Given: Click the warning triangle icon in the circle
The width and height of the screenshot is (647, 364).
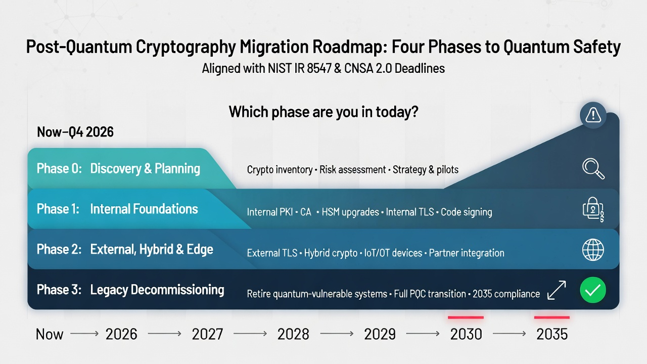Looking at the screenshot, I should (x=592, y=116).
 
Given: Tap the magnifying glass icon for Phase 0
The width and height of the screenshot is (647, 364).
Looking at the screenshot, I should (x=593, y=169).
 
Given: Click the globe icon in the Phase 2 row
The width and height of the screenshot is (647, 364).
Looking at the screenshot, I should (x=593, y=250).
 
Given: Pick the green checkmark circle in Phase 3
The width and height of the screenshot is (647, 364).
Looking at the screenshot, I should (x=592, y=291).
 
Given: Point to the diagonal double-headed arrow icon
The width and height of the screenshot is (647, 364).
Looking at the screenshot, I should (x=557, y=291).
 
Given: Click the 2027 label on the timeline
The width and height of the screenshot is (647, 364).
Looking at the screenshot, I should (x=208, y=334).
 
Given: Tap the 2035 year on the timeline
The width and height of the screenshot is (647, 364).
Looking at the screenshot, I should (x=552, y=334).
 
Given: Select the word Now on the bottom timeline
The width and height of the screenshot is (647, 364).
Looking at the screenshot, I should (x=50, y=334).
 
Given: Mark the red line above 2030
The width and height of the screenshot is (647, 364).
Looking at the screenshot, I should (x=466, y=317).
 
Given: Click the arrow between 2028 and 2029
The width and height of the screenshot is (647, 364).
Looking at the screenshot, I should (x=337, y=334).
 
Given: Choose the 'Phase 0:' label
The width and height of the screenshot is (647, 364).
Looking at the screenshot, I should (x=59, y=168).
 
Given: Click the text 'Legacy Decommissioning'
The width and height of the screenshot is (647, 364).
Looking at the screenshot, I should (x=157, y=290).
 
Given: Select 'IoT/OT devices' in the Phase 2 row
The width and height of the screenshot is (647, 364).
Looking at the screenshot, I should (x=393, y=253).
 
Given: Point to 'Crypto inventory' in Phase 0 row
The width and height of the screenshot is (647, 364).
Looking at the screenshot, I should (x=280, y=170).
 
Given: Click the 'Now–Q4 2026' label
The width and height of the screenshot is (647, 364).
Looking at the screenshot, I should (x=75, y=132).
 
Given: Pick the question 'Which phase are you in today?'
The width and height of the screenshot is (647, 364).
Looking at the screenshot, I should (x=323, y=112).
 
